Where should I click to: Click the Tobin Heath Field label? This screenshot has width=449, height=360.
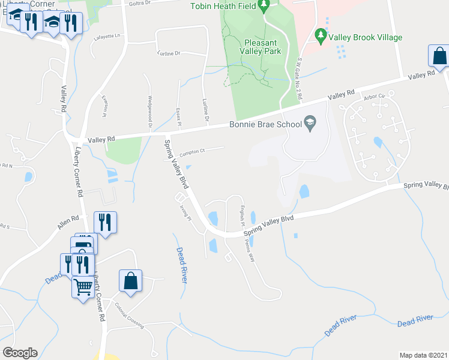point(223,7)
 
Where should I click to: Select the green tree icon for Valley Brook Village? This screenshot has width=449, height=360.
point(321,37)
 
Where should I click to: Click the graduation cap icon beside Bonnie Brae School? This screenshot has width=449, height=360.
point(310,124)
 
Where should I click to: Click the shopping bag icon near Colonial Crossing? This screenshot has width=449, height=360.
point(130,280)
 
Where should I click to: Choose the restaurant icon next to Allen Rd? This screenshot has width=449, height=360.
point(105,222)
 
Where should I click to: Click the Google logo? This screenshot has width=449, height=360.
point(20,353)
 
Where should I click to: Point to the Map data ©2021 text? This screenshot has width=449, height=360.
point(423,355)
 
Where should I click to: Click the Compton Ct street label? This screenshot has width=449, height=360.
point(192,151)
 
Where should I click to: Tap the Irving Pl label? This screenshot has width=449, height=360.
point(185,213)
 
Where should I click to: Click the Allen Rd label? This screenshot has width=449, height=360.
point(68,223)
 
